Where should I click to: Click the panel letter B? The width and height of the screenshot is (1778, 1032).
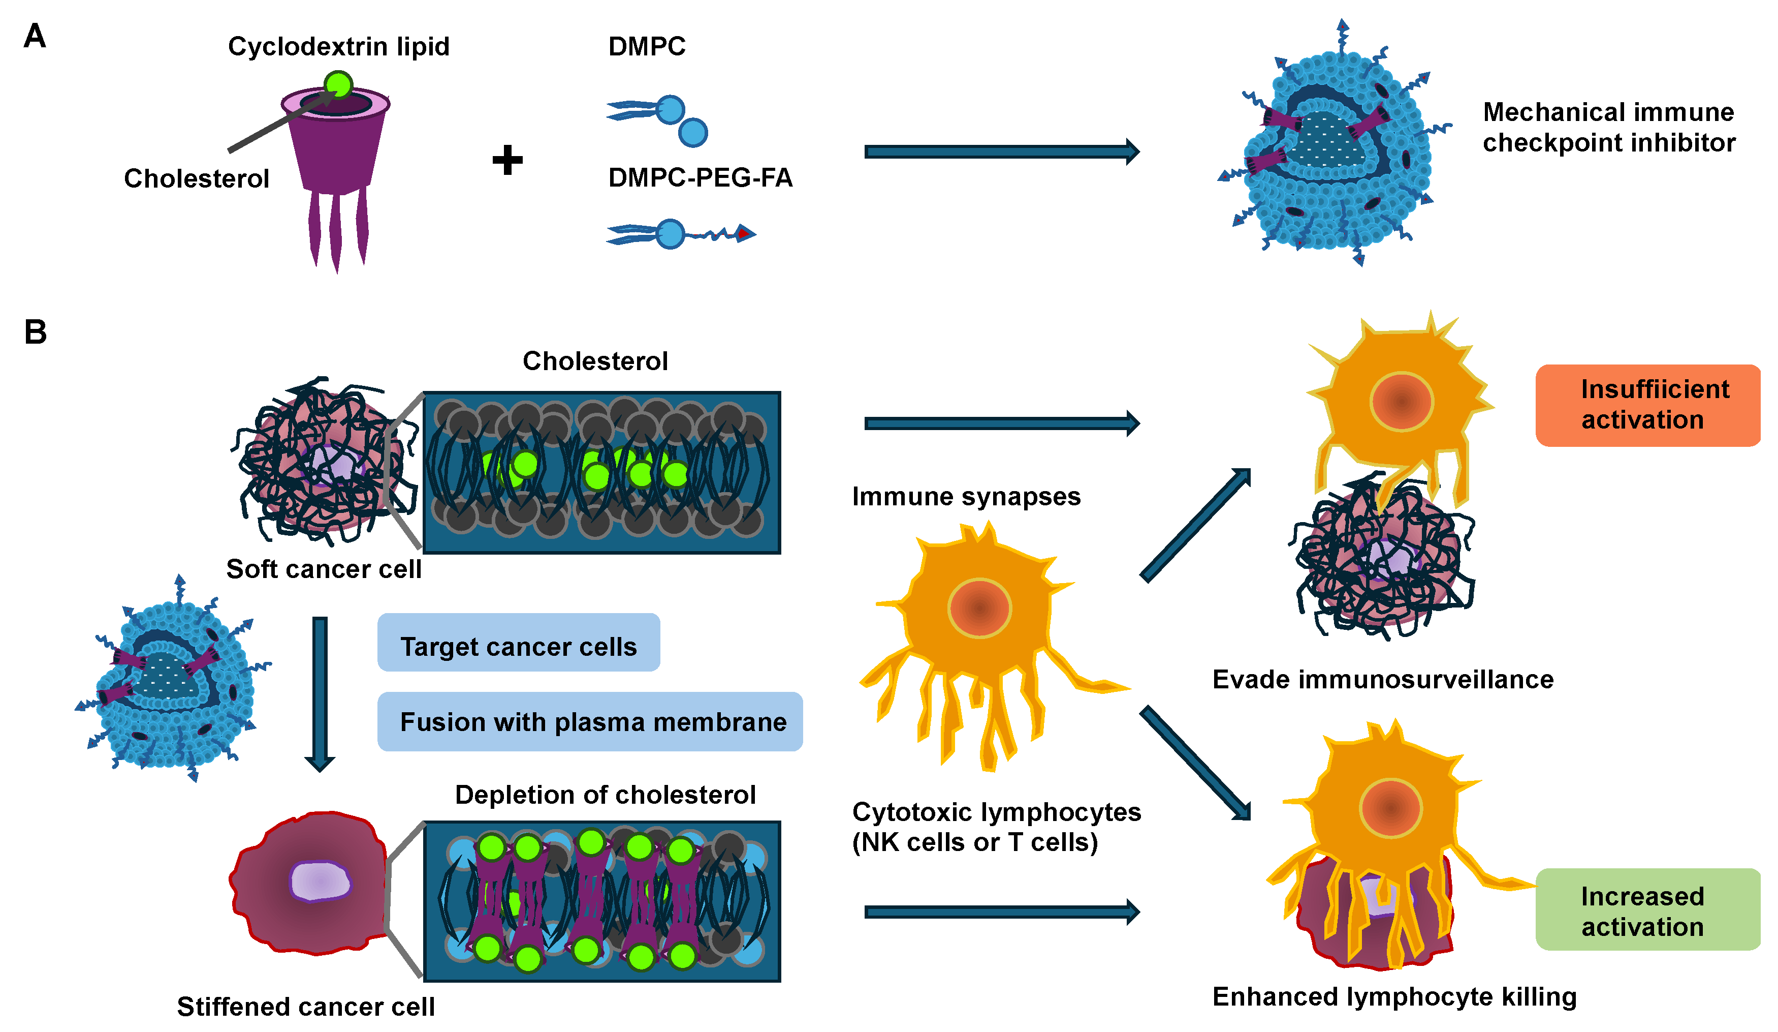coord(35,332)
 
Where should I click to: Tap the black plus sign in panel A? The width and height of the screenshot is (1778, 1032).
coord(507,160)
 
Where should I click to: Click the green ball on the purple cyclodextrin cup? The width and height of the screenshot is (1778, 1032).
coord(339,85)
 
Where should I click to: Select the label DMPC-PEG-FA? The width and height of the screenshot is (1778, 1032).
coord(700,178)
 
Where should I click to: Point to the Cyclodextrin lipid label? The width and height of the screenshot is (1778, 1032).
coord(339,47)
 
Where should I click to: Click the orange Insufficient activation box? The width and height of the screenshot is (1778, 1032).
coord(1647,405)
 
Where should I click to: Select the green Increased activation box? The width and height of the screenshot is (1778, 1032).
coord(1647,910)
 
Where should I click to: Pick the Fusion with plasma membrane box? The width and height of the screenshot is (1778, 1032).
coord(590,722)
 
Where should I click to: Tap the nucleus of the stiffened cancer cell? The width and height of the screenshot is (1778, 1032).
coord(320,881)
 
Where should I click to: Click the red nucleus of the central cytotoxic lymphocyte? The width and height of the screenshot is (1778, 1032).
coord(979,608)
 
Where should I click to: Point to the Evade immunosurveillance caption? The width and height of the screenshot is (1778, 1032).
coord(1382,679)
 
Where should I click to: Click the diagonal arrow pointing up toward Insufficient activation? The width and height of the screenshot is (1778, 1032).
coord(1195,525)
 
